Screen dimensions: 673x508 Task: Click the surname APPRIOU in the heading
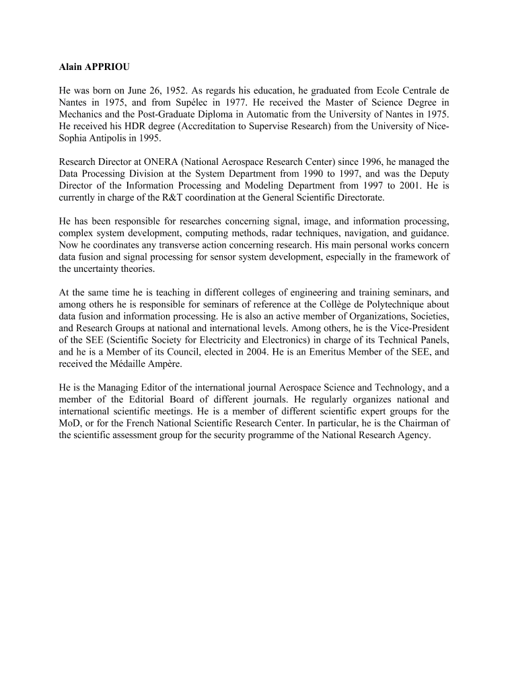[x=112, y=67]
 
